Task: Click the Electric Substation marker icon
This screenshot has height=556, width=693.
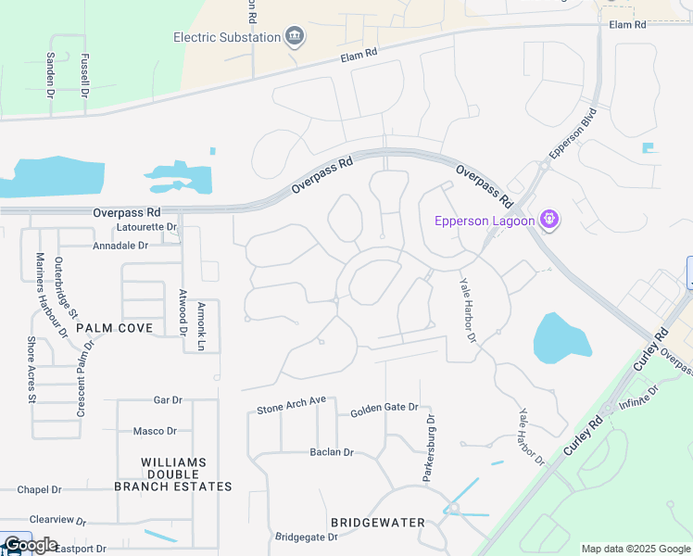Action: click(x=296, y=37)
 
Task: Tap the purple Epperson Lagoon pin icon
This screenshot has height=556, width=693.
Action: click(x=549, y=220)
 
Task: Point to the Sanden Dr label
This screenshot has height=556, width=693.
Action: click(x=51, y=74)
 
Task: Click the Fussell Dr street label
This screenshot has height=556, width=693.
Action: click(x=84, y=76)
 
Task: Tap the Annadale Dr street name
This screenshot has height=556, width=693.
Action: click(x=120, y=246)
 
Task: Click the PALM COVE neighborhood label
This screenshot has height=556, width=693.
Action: click(x=113, y=328)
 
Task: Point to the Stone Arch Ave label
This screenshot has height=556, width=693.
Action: click(x=292, y=405)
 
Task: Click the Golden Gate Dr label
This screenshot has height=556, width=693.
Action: click(x=384, y=408)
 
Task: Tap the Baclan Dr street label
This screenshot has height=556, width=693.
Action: click(x=332, y=452)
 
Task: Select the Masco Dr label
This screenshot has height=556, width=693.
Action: click(x=155, y=431)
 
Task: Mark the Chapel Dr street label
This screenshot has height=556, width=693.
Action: click(x=39, y=489)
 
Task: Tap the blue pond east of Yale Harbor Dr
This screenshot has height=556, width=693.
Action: click(x=561, y=338)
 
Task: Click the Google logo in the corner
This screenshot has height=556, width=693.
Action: click(x=30, y=545)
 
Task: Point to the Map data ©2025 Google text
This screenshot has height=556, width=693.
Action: click(x=635, y=549)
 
